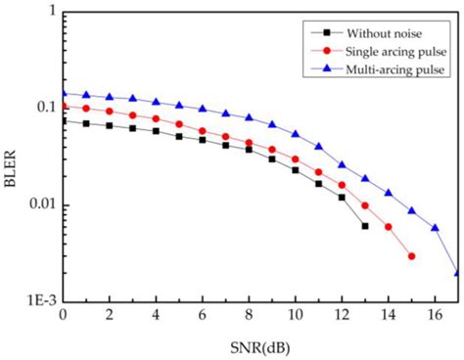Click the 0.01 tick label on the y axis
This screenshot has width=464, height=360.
38,205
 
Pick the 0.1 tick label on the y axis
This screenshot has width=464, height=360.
43,107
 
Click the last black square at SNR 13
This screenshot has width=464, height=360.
364,226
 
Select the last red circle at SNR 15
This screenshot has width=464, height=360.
411,256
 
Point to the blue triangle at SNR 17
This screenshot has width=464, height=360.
457,273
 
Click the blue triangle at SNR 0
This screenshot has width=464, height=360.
64,93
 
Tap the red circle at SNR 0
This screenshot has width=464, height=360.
64,106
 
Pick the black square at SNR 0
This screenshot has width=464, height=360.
64,121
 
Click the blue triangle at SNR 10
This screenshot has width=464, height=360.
295,134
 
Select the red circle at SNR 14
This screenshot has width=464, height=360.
388,227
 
